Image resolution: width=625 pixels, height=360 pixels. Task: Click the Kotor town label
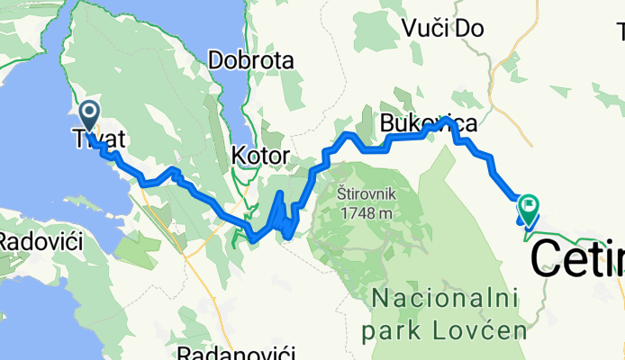point(260,156)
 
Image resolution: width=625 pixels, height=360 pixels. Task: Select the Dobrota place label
point(251,61)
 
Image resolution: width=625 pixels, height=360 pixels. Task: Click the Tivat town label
point(97,139)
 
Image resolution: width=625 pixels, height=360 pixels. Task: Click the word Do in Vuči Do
point(470,28)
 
